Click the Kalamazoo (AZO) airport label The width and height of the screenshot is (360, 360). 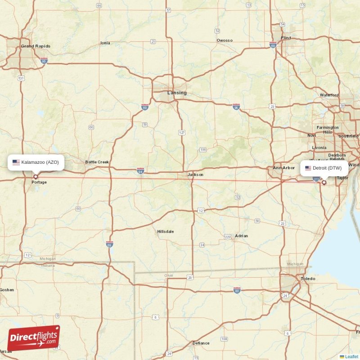(x=36, y=162)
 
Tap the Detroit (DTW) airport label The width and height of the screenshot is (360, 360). (x=324, y=168)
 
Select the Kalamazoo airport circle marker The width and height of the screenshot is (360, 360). (x=36, y=176)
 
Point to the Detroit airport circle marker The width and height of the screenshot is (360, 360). (x=324, y=183)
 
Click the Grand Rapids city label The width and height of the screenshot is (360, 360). (x=36, y=46)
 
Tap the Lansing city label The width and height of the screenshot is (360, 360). (x=177, y=93)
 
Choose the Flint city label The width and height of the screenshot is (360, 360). (x=286, y=38)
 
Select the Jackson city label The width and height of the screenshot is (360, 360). (x=195, y=175)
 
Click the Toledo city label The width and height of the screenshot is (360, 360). (x=308, y=279)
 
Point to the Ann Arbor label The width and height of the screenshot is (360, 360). (x=284, y=168)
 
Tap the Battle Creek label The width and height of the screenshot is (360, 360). (x=97, y=162)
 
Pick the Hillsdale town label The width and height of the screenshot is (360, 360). (x=166, y=231)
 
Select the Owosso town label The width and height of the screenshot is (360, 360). (x=225, y=40)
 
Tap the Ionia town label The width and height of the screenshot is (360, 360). (x=105, y=43)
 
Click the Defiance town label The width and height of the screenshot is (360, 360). (x=201, y=343)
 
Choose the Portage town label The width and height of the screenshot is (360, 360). (x=39, y=182)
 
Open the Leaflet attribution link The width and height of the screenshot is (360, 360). (x=351, y=356)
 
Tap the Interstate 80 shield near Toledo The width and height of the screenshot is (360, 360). (x=237, y=291)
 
